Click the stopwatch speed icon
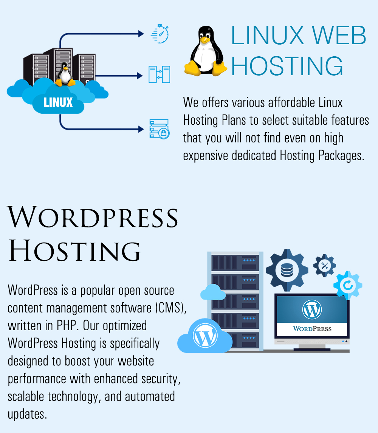[x=160, y=34]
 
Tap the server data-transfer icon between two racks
[x=159, y=74]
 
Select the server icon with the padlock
[x=160, y=129]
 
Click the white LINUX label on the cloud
[x=58, y=102]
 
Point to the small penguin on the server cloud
[x=65, y=74]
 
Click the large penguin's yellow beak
[x=205, y=40]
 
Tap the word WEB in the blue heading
[x=339, y=35]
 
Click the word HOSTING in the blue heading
[x=287, y=66]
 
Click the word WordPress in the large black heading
[x=92, y=217]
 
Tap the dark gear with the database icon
[x=287, y=270]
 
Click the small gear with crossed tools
[x=324, y=266]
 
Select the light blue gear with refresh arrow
[x=348, y=285]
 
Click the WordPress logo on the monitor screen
[x=312, y=309]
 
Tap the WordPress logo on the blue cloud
[x=205, y=336]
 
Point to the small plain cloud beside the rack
[x=213, y=292]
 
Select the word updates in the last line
[x=27, y=414]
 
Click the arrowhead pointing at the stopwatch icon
[x=141, y=34]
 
